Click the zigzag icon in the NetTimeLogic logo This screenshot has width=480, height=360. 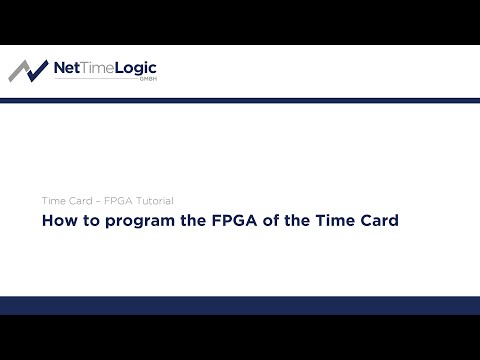pyautogui.click(x=28, y=71)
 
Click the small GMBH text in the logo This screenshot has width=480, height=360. pyautogui.click(x=147, y=81)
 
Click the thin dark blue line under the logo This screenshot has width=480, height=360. pyautogui.click(x=240, y=99)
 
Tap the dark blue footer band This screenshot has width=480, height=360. pyautogui.click(x=240, y=306)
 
